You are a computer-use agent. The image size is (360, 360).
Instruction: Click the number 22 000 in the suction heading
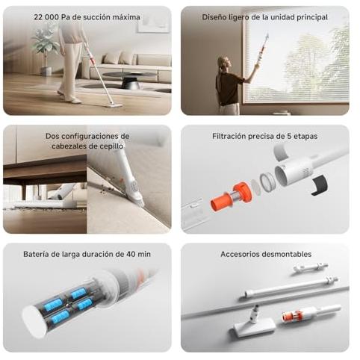tap(47, 17)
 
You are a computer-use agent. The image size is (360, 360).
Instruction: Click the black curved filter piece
tap(319, 184)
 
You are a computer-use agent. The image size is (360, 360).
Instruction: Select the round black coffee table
tap(129, 80)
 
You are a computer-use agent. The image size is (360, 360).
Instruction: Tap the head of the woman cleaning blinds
tap(223, 63)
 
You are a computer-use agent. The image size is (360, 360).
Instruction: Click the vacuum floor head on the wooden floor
tap(114, 105)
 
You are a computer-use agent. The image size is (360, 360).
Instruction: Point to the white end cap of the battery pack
tap(34, 321)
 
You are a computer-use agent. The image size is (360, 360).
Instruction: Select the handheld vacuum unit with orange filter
tap(311, 314)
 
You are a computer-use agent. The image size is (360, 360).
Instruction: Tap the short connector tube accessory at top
tap(310, 267)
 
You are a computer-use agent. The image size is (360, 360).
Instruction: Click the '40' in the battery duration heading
tap(131, 254)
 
